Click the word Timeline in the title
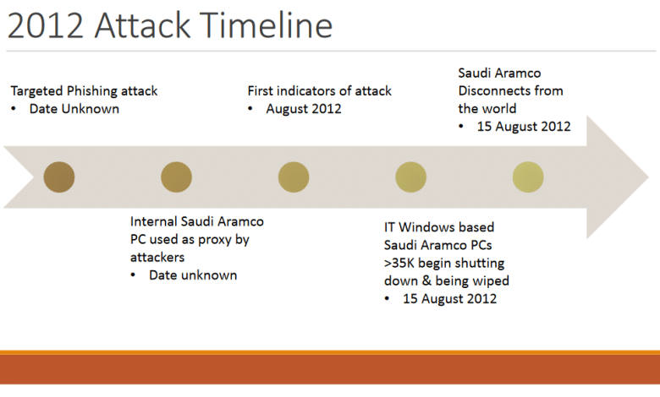tap(266, 25)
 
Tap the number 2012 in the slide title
tap(46, 25)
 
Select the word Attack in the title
tap(143, 25)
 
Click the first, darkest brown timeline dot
tap(59, 177)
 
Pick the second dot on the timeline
tap(176, 177)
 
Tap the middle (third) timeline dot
tap(294, 177)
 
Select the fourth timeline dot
tap(411, 177)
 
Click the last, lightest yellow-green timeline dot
tap(528, 177)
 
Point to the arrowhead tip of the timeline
tap(648, 177)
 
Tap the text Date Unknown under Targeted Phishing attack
tap(74, 109)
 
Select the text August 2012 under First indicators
tap(304, 109)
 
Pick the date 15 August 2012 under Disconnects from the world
tap(524, 127)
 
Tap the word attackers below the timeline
tap(157, 257)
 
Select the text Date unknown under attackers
tap(193, 275)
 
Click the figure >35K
tap(399, 263)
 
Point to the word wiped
tap(491, 281)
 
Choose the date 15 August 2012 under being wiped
tap(449, 299)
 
